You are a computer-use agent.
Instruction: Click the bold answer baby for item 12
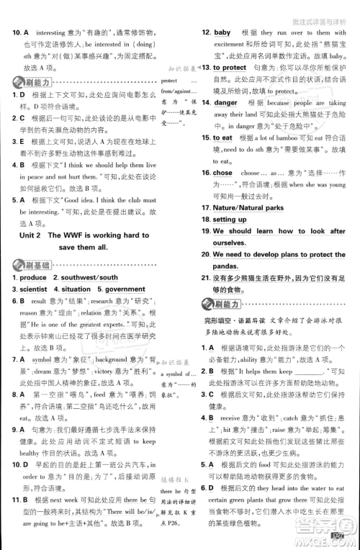(222, 32)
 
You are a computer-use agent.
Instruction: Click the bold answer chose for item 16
(222, 173)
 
